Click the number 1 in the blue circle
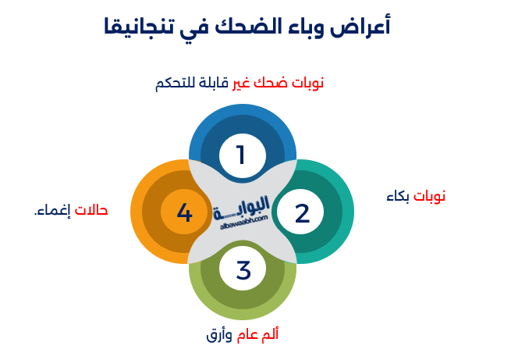(241, 155)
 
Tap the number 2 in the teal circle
(302, 214)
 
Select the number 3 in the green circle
(243, 270)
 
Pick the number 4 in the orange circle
(184, 212)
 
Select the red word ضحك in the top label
(271, 83)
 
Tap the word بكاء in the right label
(398, 197)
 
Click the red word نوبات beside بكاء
(429, 197)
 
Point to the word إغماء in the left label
(52, 211)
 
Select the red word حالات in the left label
(91, 210)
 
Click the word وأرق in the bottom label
(219, 336)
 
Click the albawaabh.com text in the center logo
(244, 222)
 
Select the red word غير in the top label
(241, 84)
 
